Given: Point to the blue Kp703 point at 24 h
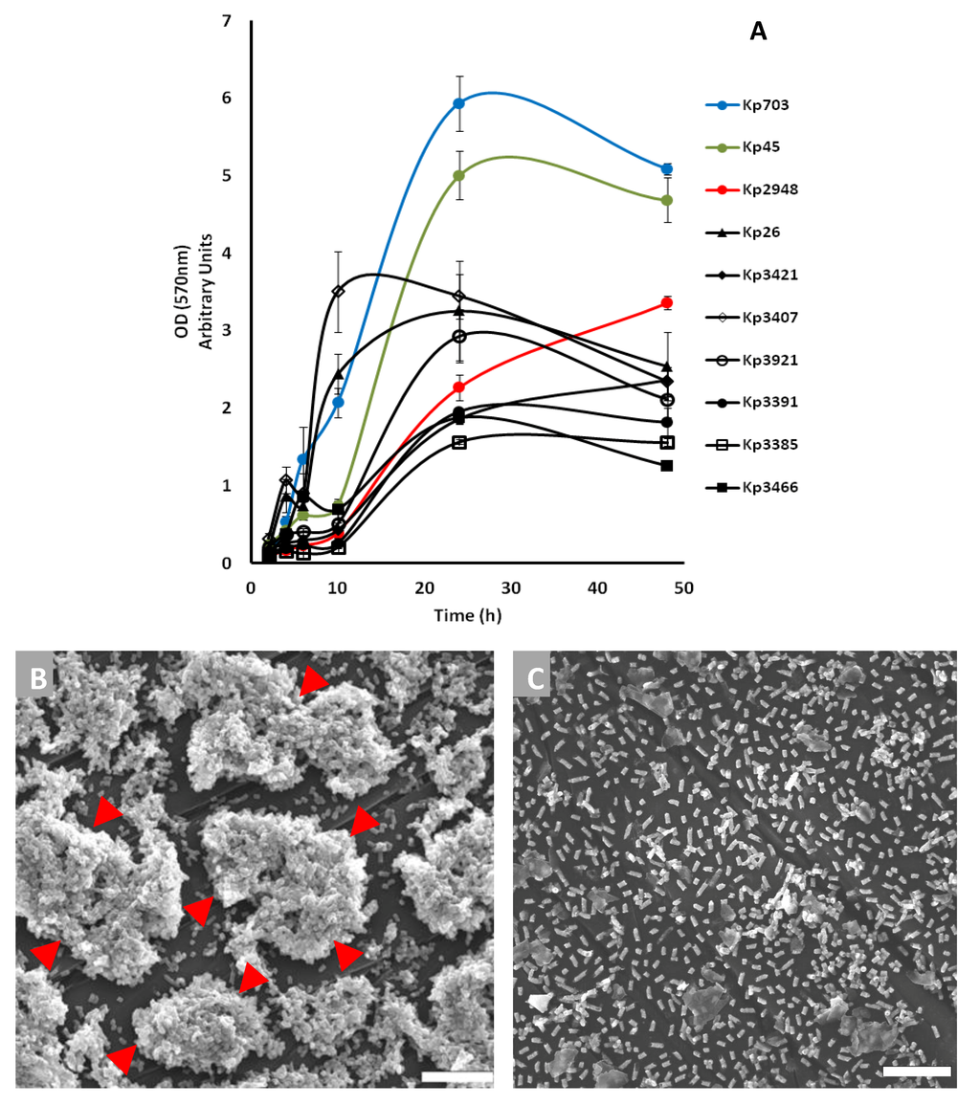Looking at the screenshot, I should coord(459,103).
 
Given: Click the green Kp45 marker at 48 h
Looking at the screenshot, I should coord(667,200).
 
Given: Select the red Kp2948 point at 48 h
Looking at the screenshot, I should coord(667,302).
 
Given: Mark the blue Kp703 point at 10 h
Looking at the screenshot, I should coord(338,402).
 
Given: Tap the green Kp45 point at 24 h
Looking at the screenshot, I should coord(459,176).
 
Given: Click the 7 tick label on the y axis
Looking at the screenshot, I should coord(225,21).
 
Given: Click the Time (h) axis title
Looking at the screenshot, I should coord(467,615).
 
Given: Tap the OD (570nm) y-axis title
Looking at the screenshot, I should coord(197,292).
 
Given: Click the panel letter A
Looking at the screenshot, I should coord(758,32).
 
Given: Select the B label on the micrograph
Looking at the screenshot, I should coord(38,677).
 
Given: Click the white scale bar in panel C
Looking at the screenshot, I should coord(917,1072).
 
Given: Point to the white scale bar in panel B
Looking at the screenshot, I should coord(457,1076).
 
